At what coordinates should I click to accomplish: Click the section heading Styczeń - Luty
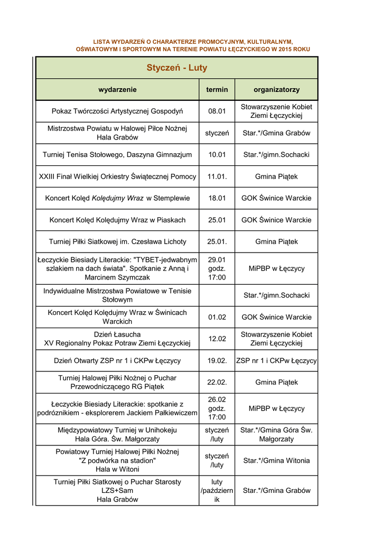[x=176, y=68]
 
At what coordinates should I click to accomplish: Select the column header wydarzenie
[x=117, y=90]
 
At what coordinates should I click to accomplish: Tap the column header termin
[x=217, y=90]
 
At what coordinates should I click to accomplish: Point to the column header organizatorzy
[x=276, y=90]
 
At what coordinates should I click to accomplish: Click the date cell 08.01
[x=217, y=111]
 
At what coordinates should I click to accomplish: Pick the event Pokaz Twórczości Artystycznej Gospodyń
[x=117, y=111]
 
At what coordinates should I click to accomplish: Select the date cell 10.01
[x=217, y=155]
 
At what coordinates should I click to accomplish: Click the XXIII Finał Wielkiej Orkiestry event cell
[x=117, y=176]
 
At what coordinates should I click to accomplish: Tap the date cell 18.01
[x=217, y=198]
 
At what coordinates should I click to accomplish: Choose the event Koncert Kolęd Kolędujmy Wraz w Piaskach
[x=117, y=220]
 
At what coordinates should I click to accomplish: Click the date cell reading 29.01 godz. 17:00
[x=217, y=268]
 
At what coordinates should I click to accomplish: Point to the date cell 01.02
[x=217, y=317]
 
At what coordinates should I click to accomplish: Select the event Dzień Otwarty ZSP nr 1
[x=117, y=361]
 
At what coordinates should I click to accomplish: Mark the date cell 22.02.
[x=217, y=382]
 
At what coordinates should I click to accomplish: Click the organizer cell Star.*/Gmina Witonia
[x=276, y=461]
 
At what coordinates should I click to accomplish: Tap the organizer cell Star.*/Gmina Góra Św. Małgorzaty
[x=276, y=434]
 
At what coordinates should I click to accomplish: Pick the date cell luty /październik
[x=217, y=491]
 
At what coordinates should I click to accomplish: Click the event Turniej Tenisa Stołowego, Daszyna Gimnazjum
[x=117, y=155]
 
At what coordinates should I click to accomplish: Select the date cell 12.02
[x=217, y=339]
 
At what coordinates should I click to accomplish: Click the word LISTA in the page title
[x=102, y=41]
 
